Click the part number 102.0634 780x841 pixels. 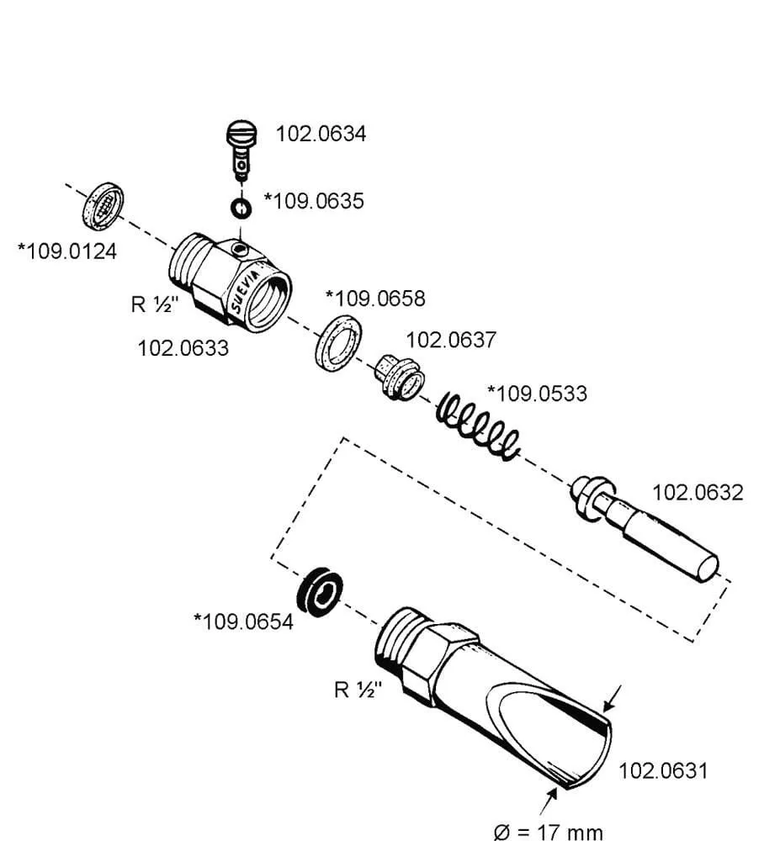(x=321, y=134)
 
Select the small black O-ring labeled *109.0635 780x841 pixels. (x=241, y=206)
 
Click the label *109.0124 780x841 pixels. (x=67, y=251)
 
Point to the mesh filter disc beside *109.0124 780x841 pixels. (x=103, y=204)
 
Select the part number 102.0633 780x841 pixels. (x=183, y=347)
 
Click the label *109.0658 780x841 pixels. (x=375, y=298)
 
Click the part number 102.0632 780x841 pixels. (x=698, y=492)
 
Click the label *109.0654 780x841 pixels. (x=243, y=621)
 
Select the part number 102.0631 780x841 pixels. (x=663, y=770)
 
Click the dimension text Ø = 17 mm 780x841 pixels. (x=548, y=832)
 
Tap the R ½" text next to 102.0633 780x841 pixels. (x=155, y=304)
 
